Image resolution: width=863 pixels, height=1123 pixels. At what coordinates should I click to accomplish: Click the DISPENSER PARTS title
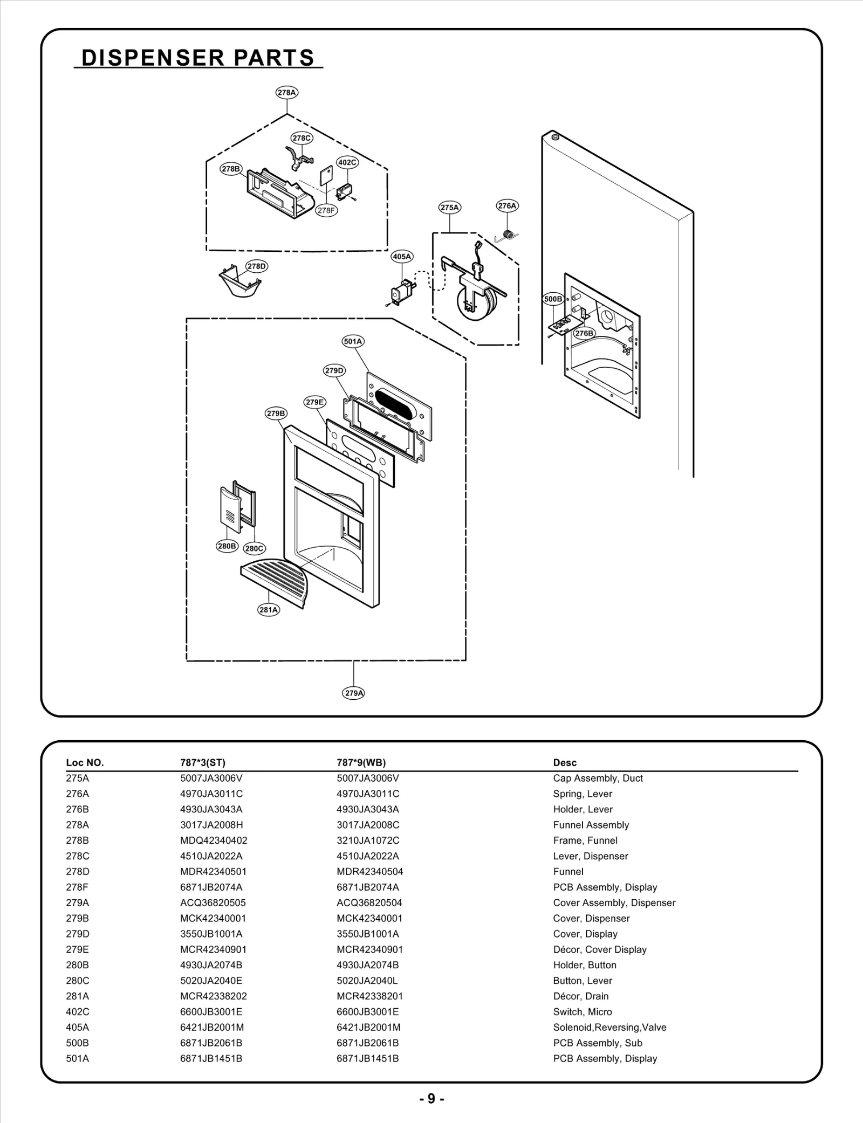(197, 58)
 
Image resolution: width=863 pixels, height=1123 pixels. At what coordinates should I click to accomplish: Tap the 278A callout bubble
(287, 92)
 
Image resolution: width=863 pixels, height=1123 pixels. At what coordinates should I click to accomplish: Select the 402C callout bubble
(347, 162)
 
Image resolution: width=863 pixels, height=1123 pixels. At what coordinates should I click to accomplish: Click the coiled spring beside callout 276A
(507, 234)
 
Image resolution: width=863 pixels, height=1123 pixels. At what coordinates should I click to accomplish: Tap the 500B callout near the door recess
(552, 299)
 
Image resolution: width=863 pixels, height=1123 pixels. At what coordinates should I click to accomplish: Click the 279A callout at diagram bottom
(353, 693)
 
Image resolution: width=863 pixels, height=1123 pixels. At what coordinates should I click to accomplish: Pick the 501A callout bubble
(353, 341)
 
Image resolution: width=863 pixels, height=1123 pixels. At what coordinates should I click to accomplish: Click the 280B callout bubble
(227, 546)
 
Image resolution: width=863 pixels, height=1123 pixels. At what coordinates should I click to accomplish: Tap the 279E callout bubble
(315, 402)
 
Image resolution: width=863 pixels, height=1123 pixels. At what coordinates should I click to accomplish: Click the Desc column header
(564, 762)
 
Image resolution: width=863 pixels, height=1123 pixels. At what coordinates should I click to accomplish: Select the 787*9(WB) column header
(361, 762)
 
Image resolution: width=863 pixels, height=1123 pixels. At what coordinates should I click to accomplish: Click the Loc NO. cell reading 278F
(77, 887)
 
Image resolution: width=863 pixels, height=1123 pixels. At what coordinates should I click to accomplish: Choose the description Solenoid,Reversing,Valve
(609, 1027)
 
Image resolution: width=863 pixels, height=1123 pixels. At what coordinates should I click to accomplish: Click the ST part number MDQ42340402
(214, 840)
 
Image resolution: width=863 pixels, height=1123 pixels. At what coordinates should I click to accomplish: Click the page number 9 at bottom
(431, 1099)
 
